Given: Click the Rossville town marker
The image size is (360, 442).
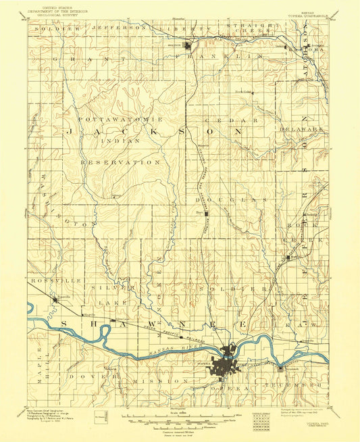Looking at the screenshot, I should tap(55, 299).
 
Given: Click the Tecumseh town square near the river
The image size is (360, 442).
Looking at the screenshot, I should tap(282, 368).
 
